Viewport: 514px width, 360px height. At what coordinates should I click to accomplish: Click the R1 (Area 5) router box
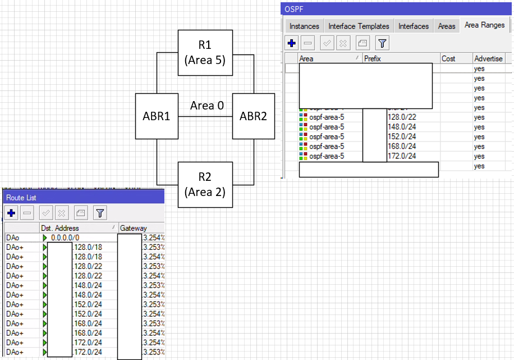(x=205, y=53)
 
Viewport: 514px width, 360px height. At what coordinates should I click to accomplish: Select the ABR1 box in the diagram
(x=157, y=116)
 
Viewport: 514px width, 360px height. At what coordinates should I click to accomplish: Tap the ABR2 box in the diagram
(x=254, y=116)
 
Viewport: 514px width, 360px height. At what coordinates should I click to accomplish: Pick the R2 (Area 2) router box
(x=205, y=185)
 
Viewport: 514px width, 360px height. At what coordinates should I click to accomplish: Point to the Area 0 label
(x=206, y=106)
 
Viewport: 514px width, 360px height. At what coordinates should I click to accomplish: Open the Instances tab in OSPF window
(x=304, y=26)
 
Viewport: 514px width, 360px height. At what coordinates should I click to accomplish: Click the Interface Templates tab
(x=359, y=26)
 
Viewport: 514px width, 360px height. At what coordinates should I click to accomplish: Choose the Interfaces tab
(x=414, y=26)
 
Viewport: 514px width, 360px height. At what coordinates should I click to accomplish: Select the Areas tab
(x=447, y=26)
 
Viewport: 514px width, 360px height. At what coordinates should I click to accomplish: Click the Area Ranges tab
(x=484, y=25)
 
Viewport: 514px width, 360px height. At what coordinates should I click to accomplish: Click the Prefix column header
(x=372, y=58)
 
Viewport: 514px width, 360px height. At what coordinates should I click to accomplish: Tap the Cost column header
(x=449, y=58)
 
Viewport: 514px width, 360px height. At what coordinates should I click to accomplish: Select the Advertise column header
(x=488, y=58)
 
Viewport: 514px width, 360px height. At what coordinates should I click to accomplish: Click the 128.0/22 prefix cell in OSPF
(x=402, y=117)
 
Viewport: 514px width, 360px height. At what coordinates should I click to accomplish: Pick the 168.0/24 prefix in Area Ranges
(x=402, y=147)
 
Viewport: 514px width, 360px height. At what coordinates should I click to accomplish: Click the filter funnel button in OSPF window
(x=382, y=43)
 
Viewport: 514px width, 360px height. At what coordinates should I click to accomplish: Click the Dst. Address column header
(x=59, y=228)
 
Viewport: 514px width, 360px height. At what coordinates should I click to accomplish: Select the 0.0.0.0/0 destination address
(x=65, y=238)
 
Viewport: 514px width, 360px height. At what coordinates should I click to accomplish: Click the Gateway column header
(x=134, y=228)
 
